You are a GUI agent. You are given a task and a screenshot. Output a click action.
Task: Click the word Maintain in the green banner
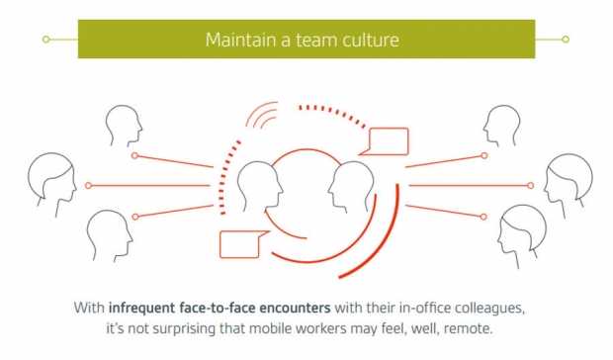point(240,40)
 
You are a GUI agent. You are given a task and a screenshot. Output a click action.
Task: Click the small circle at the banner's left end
point(46,40)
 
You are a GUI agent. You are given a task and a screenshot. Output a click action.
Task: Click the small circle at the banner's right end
point(566,40)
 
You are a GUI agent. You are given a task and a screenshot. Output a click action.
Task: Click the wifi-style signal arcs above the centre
point(262,115)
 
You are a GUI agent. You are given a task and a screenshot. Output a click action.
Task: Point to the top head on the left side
point(124,125)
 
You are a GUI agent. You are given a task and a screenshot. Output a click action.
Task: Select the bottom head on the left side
point(110,235)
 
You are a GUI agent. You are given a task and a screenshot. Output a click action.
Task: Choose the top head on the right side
point(502,125)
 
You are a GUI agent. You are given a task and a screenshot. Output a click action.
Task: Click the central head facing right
point(260,187)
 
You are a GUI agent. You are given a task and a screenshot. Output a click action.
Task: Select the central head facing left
point(351,187)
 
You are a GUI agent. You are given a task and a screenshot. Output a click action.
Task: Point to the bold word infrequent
point(141,308)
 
